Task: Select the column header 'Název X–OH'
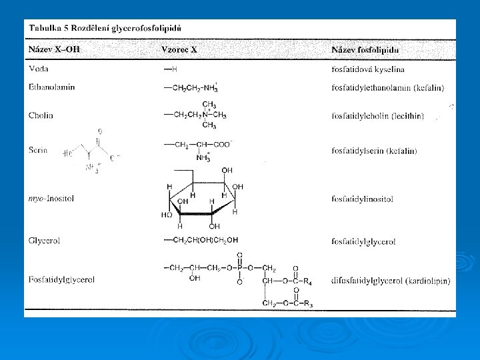(53, 50)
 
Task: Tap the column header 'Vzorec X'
(180, 50)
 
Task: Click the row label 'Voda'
(39, 69)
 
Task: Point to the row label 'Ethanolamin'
(51, 87)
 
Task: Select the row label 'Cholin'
(41, 115)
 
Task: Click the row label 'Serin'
(39, 151)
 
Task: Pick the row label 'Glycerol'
(44, 240)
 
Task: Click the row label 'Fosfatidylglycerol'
(61, 279)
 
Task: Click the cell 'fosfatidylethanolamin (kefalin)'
(387, 87)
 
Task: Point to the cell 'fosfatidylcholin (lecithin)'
(377, 116)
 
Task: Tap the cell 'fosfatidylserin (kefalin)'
(375, 151)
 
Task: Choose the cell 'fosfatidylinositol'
(362, 199)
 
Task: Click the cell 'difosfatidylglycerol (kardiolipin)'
(390, 281)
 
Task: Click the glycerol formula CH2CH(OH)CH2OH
(203, 240)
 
